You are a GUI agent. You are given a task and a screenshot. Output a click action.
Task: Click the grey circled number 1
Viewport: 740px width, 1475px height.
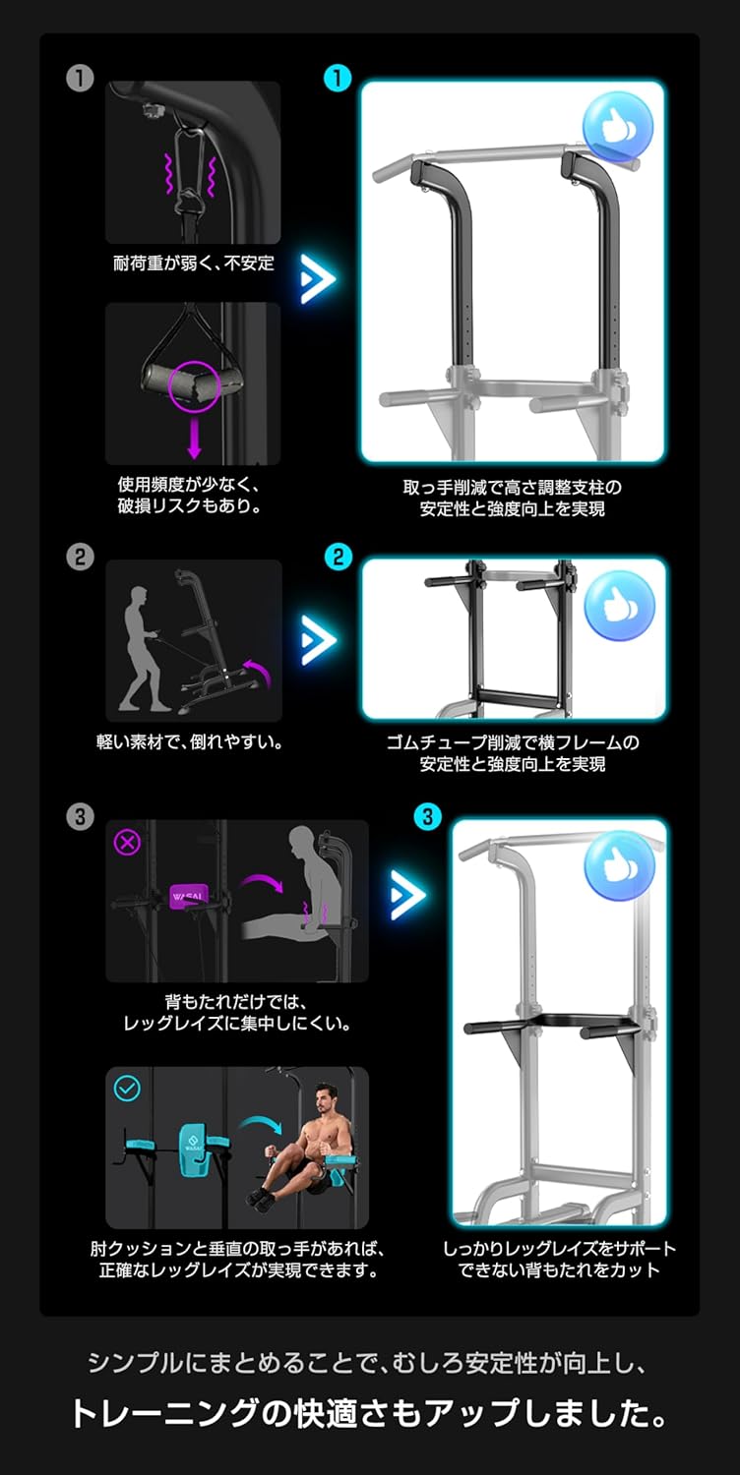80,79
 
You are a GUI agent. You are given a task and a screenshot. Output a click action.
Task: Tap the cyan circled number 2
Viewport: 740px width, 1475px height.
338,558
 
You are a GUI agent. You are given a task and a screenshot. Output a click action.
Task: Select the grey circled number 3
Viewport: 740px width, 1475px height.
80,816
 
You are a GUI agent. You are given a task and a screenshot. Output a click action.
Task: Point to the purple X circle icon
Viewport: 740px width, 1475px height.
127,843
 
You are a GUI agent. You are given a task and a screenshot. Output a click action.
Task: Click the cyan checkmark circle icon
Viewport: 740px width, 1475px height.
128,1089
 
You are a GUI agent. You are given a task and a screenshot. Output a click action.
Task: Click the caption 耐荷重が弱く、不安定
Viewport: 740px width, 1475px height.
194,263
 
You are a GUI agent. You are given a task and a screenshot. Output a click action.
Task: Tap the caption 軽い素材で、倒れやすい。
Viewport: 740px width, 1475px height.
190,742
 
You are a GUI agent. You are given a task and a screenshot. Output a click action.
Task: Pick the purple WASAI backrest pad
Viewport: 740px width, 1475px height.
188,897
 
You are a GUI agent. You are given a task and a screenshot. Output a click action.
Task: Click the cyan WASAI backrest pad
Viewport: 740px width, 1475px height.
193,1147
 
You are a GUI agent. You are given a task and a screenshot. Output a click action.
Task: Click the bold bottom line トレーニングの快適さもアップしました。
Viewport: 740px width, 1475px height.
369,1413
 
